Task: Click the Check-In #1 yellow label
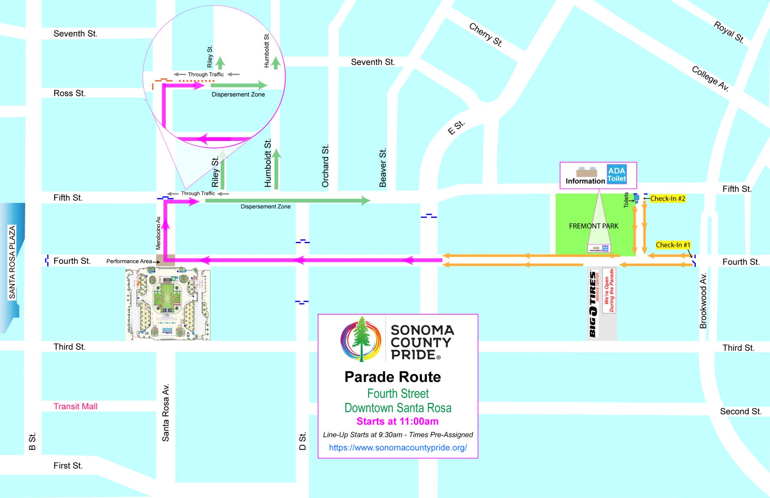click(673, 245)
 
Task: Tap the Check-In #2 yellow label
click(667, 199)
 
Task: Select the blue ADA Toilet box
click(617, 175)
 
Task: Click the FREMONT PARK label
click(593, 226)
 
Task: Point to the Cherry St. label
click(485, 35)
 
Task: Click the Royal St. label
click(729, 32)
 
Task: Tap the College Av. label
click(710, 79)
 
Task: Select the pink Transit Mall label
click(75, 406)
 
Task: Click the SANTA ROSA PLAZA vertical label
click(12, 262)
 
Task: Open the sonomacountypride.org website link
click(398, 448)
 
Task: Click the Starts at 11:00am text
click(397, 421)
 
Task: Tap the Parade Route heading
click(393, 377)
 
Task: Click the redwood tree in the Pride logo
click(362, 338)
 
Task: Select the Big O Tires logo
click(593, 304)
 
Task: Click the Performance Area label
click(129, 261)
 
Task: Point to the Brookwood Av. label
click(703, 301)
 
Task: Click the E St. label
click(456, 128)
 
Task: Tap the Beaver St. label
click(383, 168)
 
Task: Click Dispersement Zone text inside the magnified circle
click(238, 95)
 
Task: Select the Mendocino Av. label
click(158, 233)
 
